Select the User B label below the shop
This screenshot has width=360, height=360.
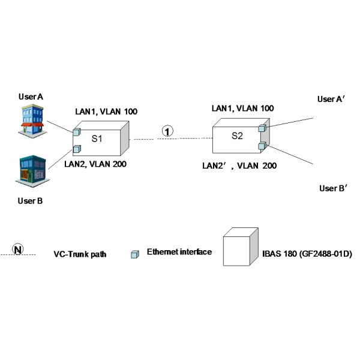pyautogui.click(x=30, y=201)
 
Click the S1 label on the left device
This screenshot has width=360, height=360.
pyautogui.click(x=97, y=139)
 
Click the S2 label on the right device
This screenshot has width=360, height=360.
pyautogui.click(x=237, y=136)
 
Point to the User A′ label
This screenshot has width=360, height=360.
pyautogui.click(x=330, y=100)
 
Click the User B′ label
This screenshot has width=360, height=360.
pyautogui.click(x=335, y=188)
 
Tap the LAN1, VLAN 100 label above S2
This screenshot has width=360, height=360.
pyautogui.click(x=243, y=108)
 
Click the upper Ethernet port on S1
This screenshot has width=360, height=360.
pyautogui.click(x=77, y=131)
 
